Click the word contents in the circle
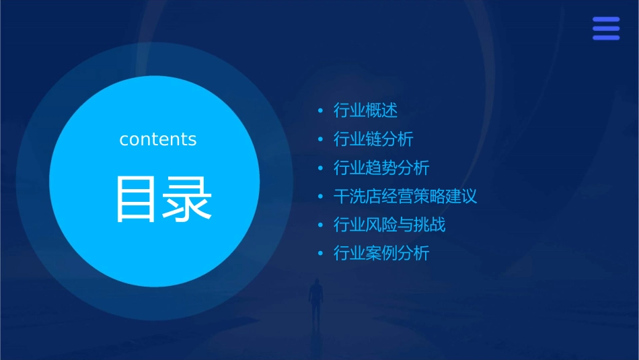coord(158,139)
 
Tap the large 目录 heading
coord(163,199)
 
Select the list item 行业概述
coord(365,110)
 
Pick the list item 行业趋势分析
coord(381,168)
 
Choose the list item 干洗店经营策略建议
coord(405,196)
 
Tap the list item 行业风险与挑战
coord(389,225)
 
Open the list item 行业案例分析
coord(381,254)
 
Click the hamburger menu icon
coord(606,28)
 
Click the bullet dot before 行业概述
coord(320,110)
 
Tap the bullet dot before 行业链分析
coord(320,139)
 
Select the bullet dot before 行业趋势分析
coord(320,168)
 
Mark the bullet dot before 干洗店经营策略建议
coord(320,196)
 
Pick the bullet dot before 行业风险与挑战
coord(320,225)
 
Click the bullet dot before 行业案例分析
coord(320,254)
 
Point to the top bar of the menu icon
coord(606,20)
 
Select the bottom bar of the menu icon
coord(606,38)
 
